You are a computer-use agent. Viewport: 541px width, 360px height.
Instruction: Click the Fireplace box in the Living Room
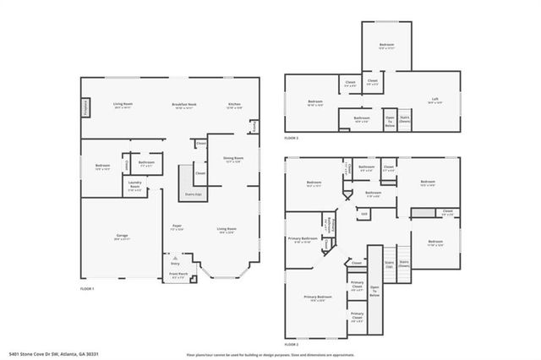(86, 107)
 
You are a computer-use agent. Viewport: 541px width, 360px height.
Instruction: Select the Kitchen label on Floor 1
(234, 106)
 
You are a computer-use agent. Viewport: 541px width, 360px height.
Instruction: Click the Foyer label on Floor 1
(178, 227)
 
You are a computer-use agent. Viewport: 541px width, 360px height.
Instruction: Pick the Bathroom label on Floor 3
(362, 119)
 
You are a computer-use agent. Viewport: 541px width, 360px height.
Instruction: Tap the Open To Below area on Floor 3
(390, 120)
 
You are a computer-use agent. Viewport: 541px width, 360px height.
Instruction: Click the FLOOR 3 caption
(291, 137)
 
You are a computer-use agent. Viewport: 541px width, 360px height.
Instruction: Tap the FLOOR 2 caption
(292, 346)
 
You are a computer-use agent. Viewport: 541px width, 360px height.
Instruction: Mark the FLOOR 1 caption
(86, 289)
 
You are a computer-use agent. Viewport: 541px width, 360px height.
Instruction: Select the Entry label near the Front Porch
(176, 263)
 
